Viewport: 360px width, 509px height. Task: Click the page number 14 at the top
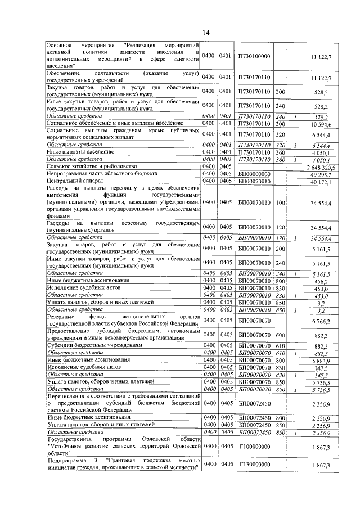[206, 33]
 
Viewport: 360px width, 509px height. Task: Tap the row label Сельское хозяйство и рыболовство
[91, 166]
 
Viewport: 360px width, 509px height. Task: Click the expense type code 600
[281, 336]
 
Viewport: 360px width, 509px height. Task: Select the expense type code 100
[281, 201]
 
